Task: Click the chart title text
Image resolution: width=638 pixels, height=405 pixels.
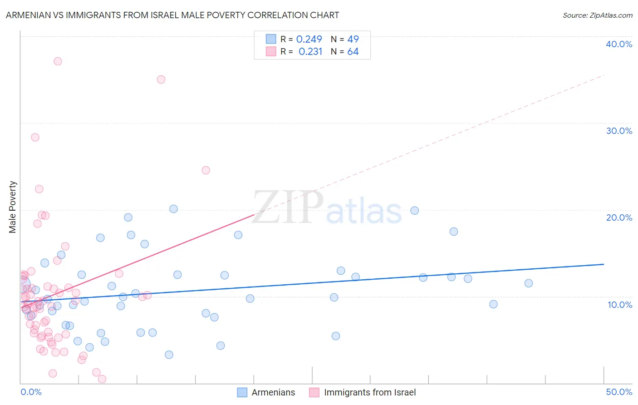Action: click(172, 15)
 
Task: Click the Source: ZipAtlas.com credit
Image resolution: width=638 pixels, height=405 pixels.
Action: click(597, 15)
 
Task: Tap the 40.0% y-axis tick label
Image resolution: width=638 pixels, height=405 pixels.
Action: click(619, 44)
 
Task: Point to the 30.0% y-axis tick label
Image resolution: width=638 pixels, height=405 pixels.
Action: click(619, 131)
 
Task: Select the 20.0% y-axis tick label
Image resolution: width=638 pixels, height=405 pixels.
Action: click(619, 217)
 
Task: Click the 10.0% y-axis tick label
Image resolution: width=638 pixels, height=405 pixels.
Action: click(620, 305)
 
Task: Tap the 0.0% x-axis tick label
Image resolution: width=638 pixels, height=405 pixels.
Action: click(31, 392)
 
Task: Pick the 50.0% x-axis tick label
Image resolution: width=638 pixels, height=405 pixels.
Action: click(619, 392)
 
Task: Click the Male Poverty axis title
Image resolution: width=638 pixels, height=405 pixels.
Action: click(13, 207)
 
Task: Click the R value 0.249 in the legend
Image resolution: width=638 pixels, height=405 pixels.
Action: click(309, 40)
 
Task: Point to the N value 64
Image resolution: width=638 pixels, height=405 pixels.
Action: click(353, 52)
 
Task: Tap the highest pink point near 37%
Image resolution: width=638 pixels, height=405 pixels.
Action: click(58, 61)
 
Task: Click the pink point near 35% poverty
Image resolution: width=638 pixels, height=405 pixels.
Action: click(161, 79)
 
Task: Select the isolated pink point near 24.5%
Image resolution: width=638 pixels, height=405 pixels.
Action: click(206, 170)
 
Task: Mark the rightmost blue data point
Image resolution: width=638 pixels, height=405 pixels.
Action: click(528, 283)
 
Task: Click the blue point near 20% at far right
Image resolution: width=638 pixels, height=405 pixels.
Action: click(414, 211)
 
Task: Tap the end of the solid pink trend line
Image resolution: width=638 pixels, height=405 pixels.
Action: click(254, 214)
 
